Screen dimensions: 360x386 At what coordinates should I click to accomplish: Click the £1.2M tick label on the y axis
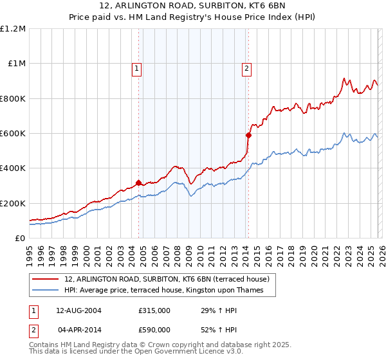point(13,29)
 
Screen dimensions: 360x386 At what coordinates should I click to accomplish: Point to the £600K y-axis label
point(13,134)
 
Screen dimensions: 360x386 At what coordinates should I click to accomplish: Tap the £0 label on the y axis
point(19,239)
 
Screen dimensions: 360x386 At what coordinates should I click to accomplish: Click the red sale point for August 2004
point(138,183)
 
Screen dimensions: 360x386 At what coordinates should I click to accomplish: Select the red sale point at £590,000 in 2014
point(248,135)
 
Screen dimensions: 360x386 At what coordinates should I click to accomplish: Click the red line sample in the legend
point(46,279)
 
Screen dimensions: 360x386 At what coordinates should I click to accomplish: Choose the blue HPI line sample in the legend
point(46,290)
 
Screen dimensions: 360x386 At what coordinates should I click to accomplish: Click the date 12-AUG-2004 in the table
point(78,310)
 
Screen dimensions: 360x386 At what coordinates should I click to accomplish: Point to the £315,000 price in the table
point(154,310)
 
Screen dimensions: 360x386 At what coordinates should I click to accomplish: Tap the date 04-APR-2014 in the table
point(78,330)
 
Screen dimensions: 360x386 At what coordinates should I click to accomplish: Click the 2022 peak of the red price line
point(344,79)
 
